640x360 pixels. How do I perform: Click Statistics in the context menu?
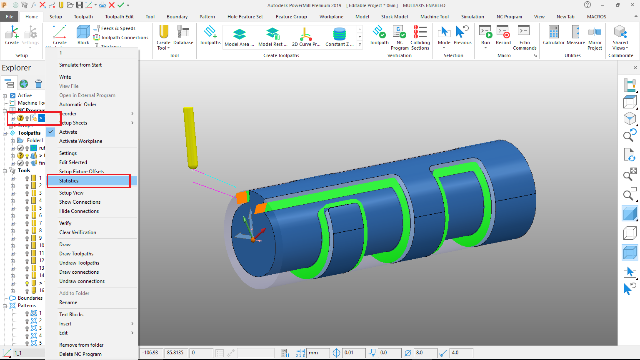tap(69, 181)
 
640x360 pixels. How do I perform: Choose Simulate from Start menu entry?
tap(80, 65)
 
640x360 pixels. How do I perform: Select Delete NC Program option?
tap(80, 354)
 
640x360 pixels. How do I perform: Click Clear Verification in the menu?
tap(78, 232)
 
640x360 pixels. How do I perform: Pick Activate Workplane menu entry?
tap(81, 141)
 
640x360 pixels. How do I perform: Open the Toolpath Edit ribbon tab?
tap(119, 17)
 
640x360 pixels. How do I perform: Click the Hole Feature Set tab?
tap(245, 17)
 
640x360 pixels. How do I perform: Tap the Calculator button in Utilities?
tap(553, 35)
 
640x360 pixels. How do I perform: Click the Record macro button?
tap(503, 35)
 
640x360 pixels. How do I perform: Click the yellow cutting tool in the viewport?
tap(190, 137)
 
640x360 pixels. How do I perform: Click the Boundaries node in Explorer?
tap(30, 298)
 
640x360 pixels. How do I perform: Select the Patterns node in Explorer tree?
tap(27, 306)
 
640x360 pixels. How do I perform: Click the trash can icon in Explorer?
tap(39, 84)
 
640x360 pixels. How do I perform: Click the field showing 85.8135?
tap(176, 353)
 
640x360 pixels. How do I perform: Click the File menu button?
tap(9, 17)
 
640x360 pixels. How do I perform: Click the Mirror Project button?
tap(595, 38)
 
